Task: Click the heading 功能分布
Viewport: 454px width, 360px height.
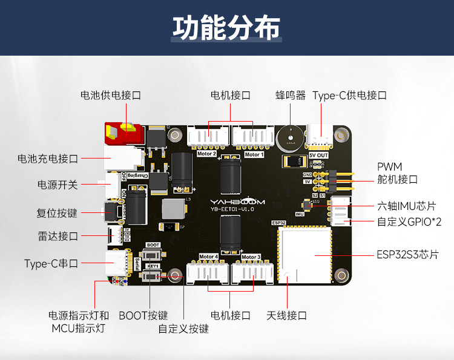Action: [x=227, y=28]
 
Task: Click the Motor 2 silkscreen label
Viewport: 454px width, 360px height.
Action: [x=206, y=154]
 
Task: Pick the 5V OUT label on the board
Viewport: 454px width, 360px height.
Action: [x=318, y=155]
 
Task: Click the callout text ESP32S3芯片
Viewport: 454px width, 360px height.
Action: [x=407, y=254]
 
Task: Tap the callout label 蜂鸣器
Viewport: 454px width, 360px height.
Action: [x=290, y=95]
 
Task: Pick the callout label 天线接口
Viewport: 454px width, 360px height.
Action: [x=287, y=315]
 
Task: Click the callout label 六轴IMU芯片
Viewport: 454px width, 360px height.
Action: [x=406, y=206]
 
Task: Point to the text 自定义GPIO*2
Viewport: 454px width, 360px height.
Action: [x=409, y=222]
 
